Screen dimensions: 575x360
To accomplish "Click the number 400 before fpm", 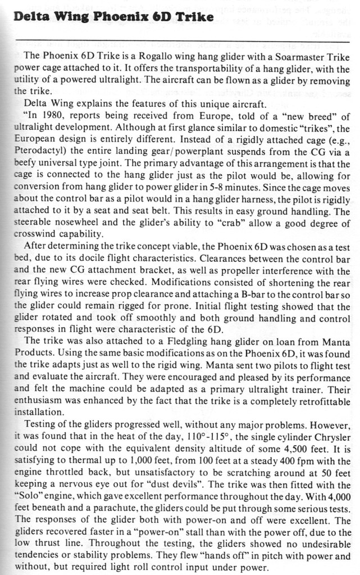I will pos(258,460).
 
